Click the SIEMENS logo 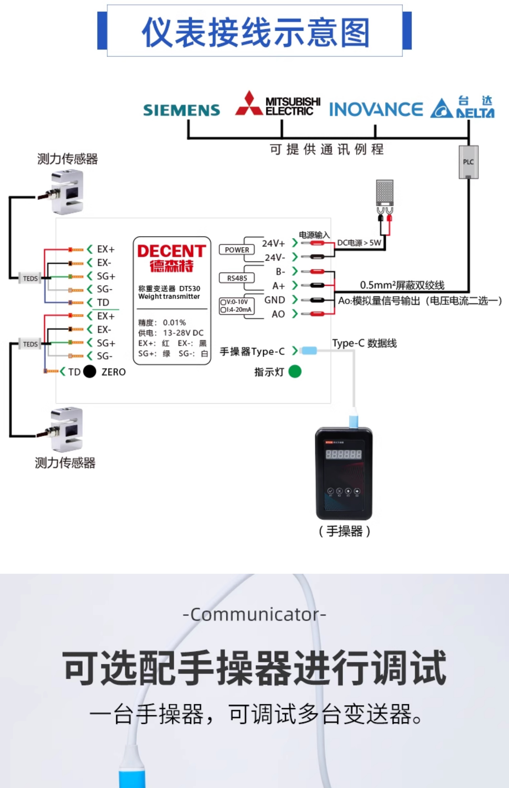181,110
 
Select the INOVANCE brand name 376,109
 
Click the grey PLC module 468,162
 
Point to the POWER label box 237,250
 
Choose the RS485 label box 237,278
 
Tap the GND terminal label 274,300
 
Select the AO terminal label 278,314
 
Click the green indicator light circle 295,371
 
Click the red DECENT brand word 172,251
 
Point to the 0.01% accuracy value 174,322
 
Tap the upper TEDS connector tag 30,278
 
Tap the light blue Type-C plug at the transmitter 309,350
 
